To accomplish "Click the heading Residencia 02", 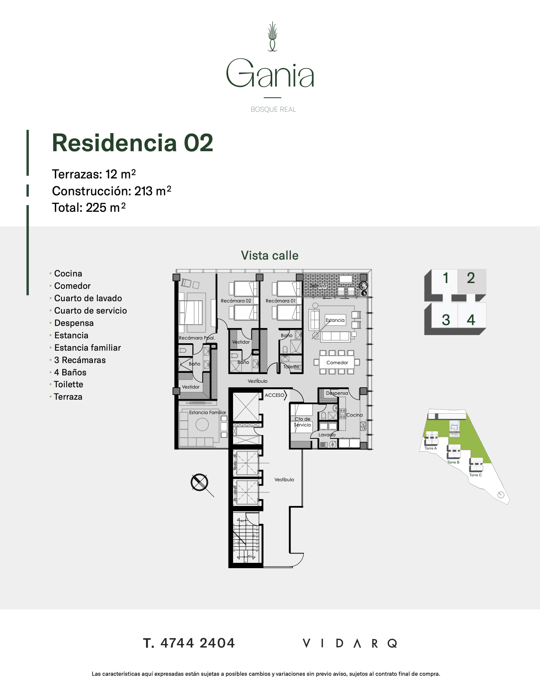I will tap(132, 143).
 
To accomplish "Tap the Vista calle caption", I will tap(270, 255).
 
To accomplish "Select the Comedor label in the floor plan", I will tap(337, 363).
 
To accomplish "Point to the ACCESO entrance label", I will tap(275, 395).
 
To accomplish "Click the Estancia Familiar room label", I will tap(208, 412).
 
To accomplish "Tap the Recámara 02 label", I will tap(236, 301).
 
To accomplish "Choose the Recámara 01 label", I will tap(281, 301).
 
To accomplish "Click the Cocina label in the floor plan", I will tap(354, 415).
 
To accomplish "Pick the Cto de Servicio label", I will tap(302, 422).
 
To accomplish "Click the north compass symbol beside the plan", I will tap(200, 483).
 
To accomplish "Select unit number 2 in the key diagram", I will tap(471, 278).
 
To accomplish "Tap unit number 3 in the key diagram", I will tap(446, 320).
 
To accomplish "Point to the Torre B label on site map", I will tap(453, 462).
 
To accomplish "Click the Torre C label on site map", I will tap(475, 475).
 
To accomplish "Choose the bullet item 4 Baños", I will tap(70, 372).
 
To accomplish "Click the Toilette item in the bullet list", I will tap(68, 384).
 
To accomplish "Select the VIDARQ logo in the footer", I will tap(350, 644).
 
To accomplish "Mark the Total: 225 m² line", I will tap(89, 208).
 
